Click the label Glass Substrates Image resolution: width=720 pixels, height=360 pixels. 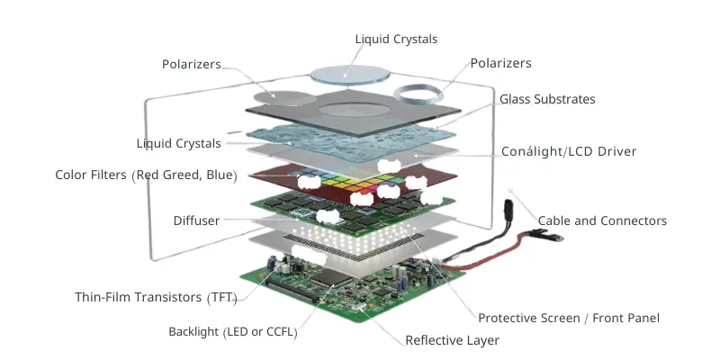(547, 99)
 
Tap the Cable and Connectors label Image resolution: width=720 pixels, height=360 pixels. (602, 220)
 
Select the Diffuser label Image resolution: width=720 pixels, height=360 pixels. (196, 220)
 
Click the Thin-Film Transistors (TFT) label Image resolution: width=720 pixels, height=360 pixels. (156, 297)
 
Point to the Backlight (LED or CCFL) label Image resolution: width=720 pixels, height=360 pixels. (232, 332)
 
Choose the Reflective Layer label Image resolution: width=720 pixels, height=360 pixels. (452, 340)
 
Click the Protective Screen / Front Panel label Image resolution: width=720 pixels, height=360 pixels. (569, 318)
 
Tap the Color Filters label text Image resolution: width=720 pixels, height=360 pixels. (145, 175)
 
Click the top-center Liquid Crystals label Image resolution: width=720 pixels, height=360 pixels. (397, 39)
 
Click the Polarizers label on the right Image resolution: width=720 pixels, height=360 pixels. (501, 63)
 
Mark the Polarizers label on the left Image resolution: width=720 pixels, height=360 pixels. (192, 65)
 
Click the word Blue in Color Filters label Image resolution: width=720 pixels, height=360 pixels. (219, 175)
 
